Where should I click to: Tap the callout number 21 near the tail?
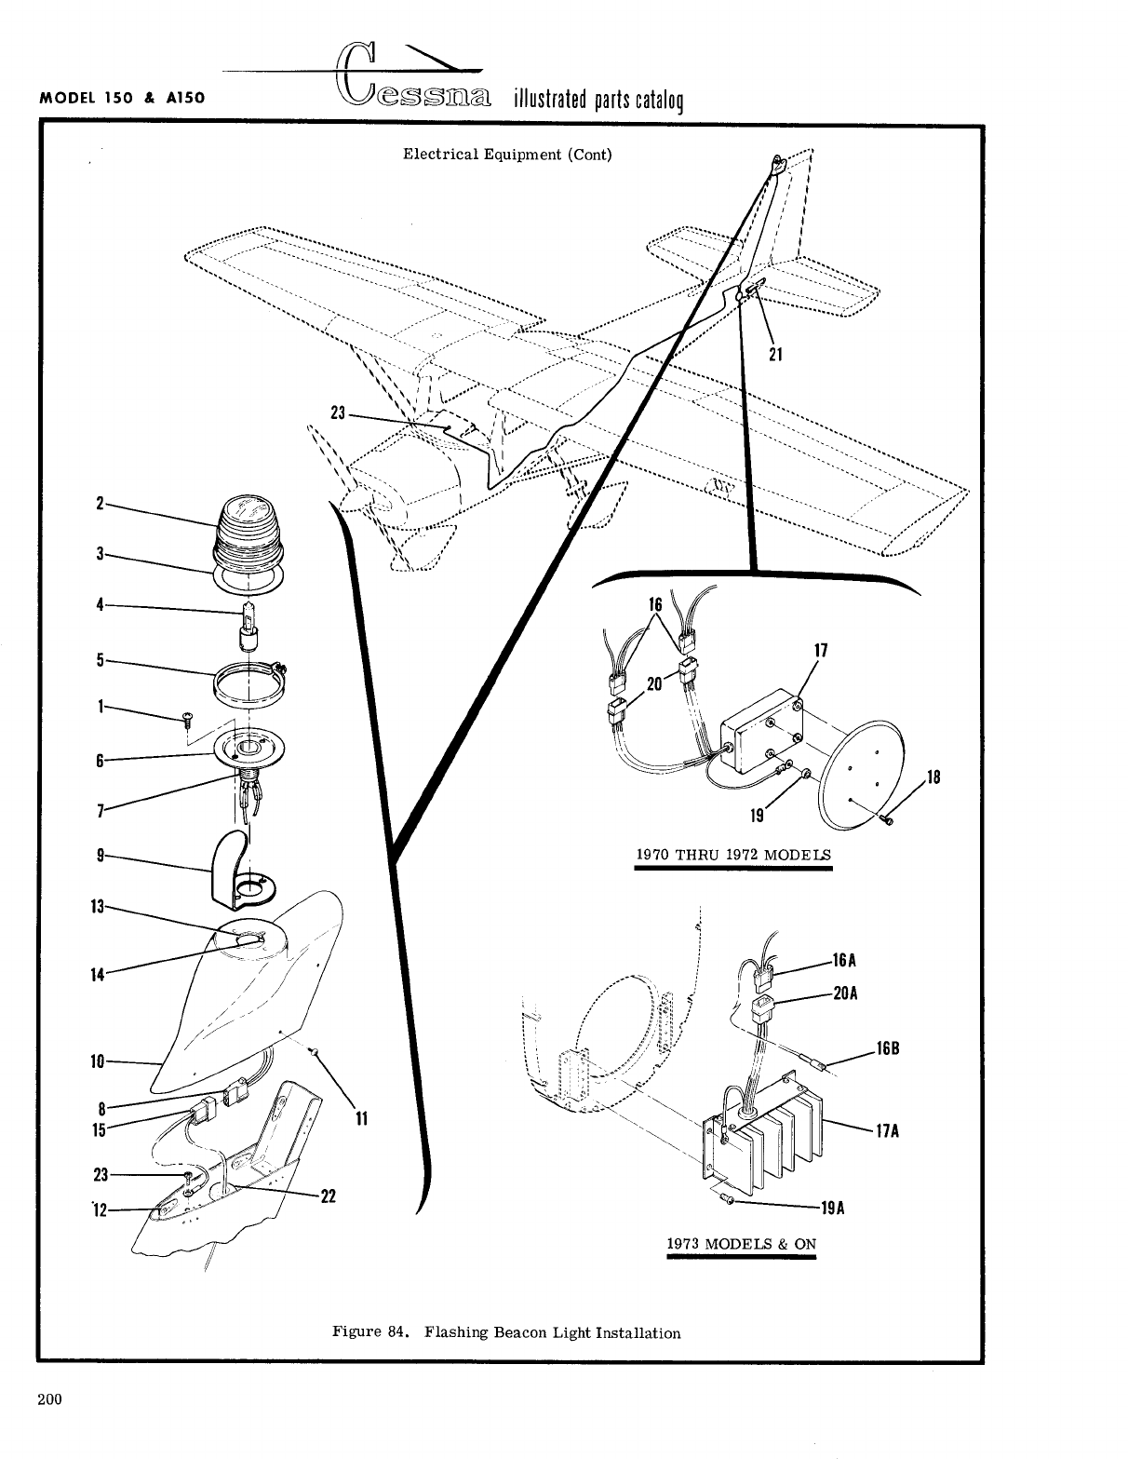click(776, 354)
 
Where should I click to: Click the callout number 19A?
click(832, 1209)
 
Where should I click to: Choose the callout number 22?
click(328, 1197)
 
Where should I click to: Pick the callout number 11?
click(363, 1118)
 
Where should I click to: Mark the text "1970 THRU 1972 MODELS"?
click(733, 855)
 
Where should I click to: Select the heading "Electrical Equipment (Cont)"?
click(507, 155)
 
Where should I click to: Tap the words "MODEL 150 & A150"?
click(122, 96)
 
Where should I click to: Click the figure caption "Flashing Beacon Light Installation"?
click(552, 1332)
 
